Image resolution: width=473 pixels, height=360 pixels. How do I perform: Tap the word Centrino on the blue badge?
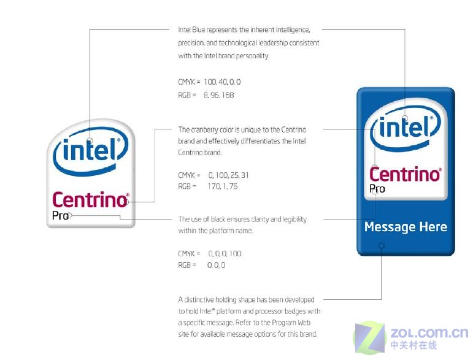pyautogui.click(x=406, y=175)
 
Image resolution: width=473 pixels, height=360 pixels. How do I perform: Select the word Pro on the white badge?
pyautogui.click(x=60, y=216)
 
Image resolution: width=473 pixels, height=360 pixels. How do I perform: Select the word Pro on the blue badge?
pyautogui.click(x=377, y=189)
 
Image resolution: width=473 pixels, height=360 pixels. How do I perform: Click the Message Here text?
pyautogui.click(x=406, y=227)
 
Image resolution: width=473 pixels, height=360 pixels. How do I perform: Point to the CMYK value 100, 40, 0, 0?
pyautogui.click(x=222, y=82)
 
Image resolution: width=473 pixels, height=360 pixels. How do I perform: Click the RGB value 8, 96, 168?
pyautogui.click(x=218, y=95)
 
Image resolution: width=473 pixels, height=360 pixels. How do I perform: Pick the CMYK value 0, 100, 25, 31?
pyautogui.click(x=228, y=175)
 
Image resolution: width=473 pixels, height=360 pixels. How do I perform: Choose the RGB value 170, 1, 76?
pyautogui.click(x=222, y=186)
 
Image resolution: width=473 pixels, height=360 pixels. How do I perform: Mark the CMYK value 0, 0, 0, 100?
pyautogui.click(x=225, y=253)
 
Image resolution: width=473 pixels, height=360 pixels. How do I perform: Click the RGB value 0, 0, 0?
pyautogui.click(x=217, y=266)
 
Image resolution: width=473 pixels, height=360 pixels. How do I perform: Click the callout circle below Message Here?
pyautogui.click(x=382, y=246)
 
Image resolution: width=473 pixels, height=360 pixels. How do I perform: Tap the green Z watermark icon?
pyautogui.click(x=370, y=338)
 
